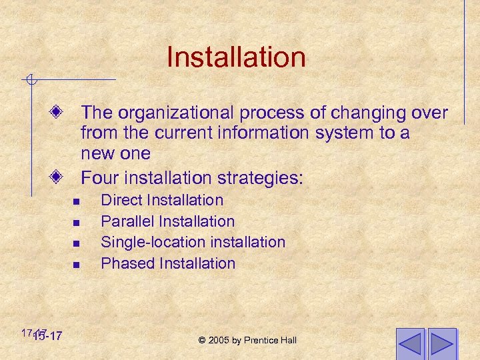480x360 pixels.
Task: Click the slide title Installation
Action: (236, 57)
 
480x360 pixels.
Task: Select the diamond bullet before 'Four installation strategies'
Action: (57, 178)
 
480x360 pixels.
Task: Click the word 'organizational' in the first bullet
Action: (183, 112)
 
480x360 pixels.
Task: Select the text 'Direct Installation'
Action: (162, 200)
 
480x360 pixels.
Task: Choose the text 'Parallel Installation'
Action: (167, 221)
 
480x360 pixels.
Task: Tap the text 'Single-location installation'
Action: (193, 242)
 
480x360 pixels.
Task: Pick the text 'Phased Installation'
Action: (168, 263)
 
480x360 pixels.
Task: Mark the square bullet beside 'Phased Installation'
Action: (77, 265)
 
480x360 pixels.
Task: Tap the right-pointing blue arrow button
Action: (442, 344)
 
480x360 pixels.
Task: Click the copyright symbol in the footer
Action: (202, 341)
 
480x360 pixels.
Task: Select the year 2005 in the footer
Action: (219, 341)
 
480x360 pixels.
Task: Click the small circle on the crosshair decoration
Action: (31, 81)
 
